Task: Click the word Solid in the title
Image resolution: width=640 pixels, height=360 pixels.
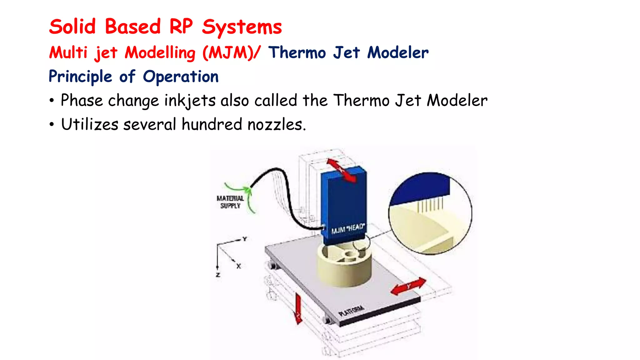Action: pyautogui.click(x=72, y=27)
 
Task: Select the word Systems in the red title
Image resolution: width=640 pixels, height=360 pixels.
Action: pyautogui.click(x=242, y=27)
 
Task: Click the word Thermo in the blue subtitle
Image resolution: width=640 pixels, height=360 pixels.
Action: pyautogui.click(x=297, y=52)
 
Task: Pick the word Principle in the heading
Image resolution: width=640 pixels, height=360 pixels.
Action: pyautogui.click(x=80, y=77)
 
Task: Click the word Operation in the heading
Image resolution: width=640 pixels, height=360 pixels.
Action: pyautogui.click(x=181, y=77)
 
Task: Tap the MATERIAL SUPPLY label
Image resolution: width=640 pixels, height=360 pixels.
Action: pyautogui.click(x=230, y=202)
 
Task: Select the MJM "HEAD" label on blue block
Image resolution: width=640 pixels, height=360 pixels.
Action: pyautogui.click(x=347, y=229)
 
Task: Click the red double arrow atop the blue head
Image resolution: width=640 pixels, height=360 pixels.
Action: pyautogui.click(x=341, y=170)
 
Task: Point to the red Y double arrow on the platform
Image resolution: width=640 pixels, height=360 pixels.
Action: pyautogui.click(x=408, y=286)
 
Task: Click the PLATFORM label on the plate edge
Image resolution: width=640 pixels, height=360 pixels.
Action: pyautogui.click(x=352, y=311)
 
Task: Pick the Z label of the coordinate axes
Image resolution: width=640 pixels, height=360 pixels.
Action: pyautogui.click(x=218, y=275)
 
